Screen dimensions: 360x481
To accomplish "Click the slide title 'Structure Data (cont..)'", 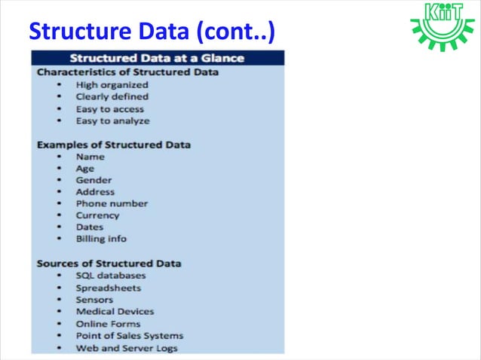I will coord(151,32).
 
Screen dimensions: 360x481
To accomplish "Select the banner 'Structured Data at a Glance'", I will coord(158,58).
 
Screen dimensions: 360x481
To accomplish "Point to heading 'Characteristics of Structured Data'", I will coord(128,72).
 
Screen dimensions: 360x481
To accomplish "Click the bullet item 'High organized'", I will coord(112,85).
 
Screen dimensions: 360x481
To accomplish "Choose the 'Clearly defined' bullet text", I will coord(112,96).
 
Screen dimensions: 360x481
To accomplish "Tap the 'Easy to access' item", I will coord(109,108).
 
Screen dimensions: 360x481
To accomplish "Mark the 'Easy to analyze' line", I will coord(112,121).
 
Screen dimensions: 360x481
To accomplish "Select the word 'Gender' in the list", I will coord(93,180).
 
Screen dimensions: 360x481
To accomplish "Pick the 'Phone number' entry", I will coord(112,203).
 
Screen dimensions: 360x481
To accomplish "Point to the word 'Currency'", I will coord(97,215).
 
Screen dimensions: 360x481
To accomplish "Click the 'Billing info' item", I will coord(101,239).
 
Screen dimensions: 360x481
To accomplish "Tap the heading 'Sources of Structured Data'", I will coord(109,263).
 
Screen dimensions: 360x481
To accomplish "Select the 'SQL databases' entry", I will coord(111,276).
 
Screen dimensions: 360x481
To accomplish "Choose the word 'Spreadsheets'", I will coord(108,288).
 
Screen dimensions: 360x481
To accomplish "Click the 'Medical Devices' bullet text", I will coord(115,311).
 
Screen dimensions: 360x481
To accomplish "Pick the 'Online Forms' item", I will coord(108,324).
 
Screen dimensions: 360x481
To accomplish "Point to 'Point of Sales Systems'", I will coord(129,336).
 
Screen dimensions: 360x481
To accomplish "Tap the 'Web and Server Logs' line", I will coord(127,348).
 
